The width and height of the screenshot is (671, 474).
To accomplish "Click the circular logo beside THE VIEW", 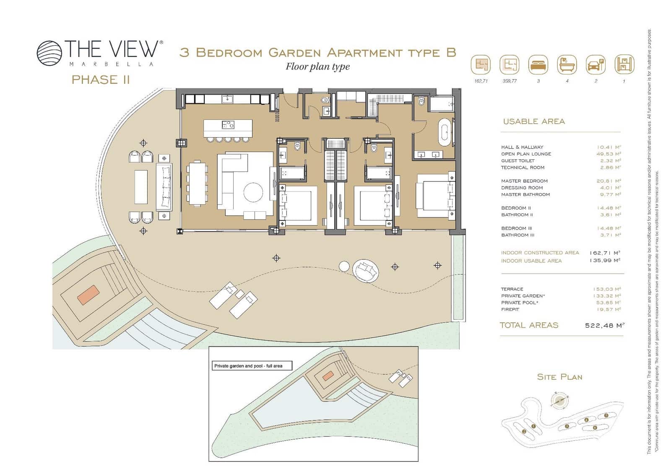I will point(49,53).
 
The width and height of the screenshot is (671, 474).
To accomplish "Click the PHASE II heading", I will point(101,80).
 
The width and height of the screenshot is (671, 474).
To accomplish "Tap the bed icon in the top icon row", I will point(538,65).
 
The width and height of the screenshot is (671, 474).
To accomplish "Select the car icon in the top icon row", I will point(596,65).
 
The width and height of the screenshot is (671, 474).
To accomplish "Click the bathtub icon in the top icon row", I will point(567,65).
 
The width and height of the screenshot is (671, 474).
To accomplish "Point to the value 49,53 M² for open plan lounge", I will point(609,154).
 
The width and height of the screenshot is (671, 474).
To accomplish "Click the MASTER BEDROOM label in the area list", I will point(524,181).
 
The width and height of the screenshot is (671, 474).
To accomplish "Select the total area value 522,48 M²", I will point(604,325).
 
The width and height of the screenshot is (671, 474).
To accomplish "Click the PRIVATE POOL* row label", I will point(520,303).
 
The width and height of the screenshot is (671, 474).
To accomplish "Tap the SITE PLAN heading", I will point(559,377).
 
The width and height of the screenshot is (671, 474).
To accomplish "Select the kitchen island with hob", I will point(228,128).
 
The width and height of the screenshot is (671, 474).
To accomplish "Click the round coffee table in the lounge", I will point(253,192).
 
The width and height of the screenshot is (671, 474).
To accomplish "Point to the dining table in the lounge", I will point(197,184).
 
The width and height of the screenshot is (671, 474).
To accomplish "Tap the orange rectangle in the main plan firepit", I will point(88,295).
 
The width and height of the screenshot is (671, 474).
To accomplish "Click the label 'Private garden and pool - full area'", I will point(248,366).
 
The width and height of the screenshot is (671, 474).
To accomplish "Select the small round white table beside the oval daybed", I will point(344,266).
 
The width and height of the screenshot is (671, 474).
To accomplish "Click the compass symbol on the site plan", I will point(558,401).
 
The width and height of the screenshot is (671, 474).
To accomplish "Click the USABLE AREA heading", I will point(534,122).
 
